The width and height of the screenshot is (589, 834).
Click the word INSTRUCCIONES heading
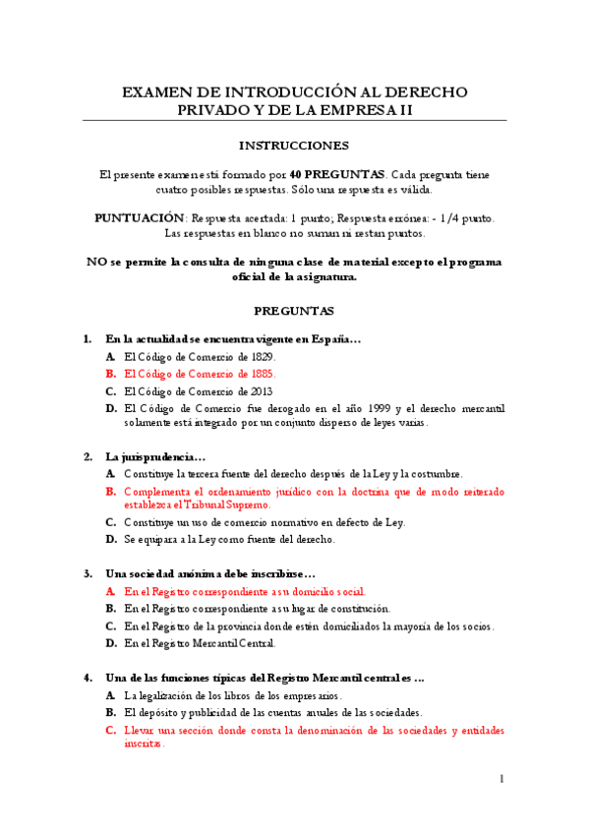pyautogui.click(x=294, y=146)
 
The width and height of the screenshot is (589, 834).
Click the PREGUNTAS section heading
pyautogui.click(x=294, y=311)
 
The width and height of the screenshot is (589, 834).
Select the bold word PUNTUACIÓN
pyautogui.click(x=140, y=217)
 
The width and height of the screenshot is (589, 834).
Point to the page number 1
pyautogui.click(x=501, y=779)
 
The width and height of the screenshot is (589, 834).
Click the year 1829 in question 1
pyautogui.click(x=262, y=357)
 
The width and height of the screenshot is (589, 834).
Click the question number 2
pyautogui.click(x=87, y=456)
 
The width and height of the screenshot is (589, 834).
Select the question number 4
pyautogui.click(x=87, y=678)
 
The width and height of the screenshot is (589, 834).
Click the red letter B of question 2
pyautogui.click(x=111, y=490)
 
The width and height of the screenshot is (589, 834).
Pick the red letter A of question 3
pyautogui.click(x=111, y=592)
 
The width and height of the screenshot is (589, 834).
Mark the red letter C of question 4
pyautogui.click(x=111, y=731)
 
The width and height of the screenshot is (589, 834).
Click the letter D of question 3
pyautogui.click(x=111, y=643)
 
